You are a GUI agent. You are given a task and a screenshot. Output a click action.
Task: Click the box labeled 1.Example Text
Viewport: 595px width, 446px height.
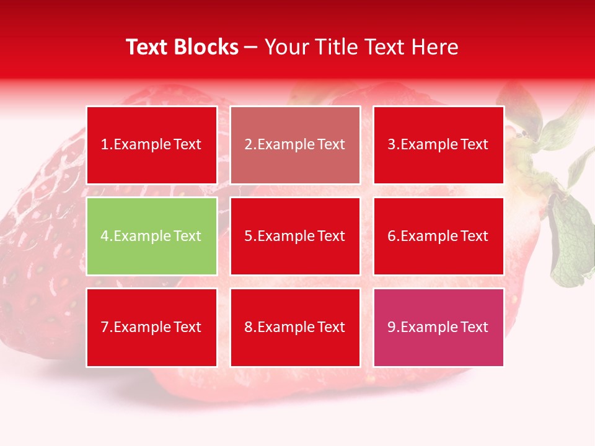pos(151,145)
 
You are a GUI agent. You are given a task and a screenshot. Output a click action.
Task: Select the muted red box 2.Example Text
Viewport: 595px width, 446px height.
pos(295,145)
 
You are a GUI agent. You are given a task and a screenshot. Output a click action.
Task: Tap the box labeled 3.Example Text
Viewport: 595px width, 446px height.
pos(438,145)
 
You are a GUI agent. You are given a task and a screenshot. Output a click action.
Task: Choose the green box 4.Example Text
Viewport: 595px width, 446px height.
pos(151,236)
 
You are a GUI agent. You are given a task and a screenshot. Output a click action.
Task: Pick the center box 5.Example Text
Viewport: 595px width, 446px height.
pos(295,236)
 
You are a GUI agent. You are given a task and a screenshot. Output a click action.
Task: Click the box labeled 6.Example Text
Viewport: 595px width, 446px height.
pos(438,236)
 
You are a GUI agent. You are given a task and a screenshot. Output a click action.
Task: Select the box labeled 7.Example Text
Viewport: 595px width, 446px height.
pos(151,327)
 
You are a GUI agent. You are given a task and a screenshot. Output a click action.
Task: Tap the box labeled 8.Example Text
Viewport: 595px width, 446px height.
pos(295,327)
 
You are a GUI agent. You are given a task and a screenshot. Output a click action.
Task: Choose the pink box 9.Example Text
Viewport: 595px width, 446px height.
pos(438,327)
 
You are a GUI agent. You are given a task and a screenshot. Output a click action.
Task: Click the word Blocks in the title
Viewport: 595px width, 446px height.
pos(207,47)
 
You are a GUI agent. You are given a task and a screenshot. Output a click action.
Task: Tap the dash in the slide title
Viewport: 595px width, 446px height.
pos(251,48)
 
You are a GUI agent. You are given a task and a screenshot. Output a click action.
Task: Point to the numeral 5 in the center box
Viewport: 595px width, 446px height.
pos(248,236)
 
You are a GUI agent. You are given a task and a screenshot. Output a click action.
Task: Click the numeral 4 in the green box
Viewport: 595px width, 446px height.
pos(105,236)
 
